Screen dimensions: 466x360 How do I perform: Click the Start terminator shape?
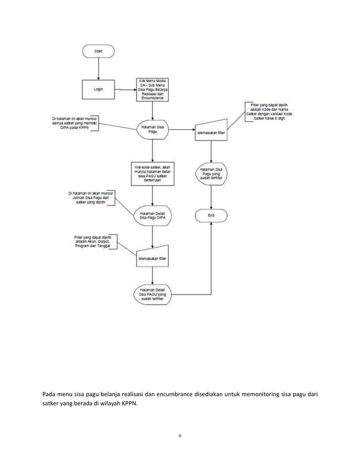[98, 51]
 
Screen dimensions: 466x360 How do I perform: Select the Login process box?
[98, 89]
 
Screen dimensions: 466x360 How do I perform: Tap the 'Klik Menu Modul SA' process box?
[154, 89]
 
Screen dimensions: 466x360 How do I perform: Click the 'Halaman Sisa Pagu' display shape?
[154, 130]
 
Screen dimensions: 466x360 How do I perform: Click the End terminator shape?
[211, 216]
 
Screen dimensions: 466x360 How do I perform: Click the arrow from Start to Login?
[98, 68]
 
